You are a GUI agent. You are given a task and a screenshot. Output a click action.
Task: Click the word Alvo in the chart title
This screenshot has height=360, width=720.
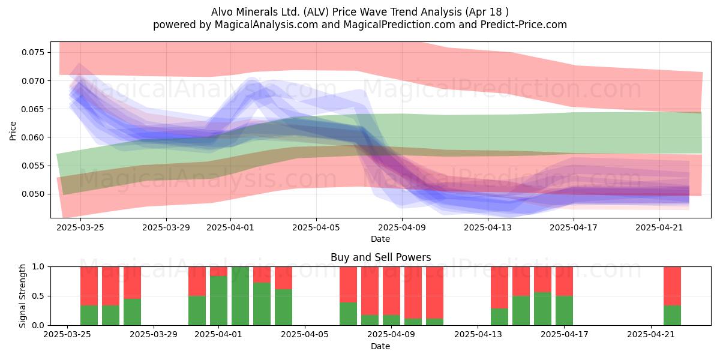pos(222,12)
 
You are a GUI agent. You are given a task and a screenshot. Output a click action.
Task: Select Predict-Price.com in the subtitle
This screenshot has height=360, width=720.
pos(524,25)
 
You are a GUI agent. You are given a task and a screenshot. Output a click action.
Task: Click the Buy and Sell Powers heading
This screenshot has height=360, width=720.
pos(380,257)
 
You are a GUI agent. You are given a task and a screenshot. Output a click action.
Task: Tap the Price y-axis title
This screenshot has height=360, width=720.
pos(13,131)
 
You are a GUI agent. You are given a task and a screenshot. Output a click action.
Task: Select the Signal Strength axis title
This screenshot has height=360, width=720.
pos(22,296)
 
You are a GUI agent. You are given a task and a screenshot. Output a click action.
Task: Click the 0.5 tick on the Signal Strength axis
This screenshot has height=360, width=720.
pos(38,296)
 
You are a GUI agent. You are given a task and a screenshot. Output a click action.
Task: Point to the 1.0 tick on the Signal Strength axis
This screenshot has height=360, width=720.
pos(38,266)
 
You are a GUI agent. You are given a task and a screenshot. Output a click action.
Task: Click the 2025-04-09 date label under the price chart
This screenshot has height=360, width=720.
pos(402,227)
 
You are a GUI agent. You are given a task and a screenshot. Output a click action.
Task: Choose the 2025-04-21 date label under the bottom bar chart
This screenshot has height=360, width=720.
pos(651,335)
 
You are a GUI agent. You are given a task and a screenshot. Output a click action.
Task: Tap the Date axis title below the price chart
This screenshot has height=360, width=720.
pos(380,239)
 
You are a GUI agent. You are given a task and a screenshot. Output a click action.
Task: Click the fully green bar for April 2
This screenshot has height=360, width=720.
pos(240,296)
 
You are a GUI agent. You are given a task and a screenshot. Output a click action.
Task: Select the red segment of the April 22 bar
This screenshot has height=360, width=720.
pos(672,286)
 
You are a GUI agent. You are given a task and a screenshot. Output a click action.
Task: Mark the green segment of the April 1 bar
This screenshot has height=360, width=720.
pos(218,301)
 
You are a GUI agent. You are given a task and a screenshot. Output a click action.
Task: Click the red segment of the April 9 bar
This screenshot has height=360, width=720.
pos(391,291)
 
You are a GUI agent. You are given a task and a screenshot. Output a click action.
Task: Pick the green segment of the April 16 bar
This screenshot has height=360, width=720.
pos(542,308)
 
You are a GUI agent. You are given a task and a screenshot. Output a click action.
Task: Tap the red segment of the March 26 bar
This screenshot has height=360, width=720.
pos(110,286)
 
